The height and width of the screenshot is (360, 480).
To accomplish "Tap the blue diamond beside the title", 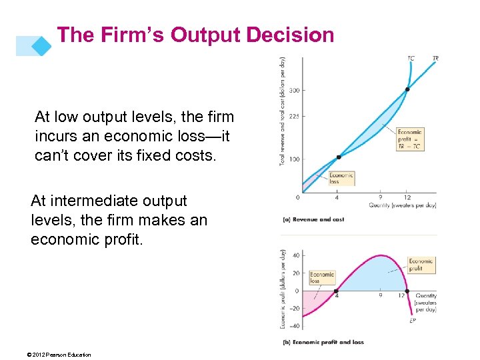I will (x=41, y=45).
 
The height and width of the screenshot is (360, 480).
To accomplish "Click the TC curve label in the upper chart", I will (x=411, y=59).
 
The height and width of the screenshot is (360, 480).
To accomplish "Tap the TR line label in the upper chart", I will (x=435, y=59).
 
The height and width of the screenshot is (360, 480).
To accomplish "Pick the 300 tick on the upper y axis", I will (x=293, y=89).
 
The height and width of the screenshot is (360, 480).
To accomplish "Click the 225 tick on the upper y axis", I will (x=293, y=116).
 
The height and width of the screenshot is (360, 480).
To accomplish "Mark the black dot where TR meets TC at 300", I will (x=407, y=89).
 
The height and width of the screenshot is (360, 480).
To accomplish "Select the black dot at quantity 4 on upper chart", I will (x=339, y=157).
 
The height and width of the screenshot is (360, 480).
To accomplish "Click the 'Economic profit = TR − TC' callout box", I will (x=409, y=139).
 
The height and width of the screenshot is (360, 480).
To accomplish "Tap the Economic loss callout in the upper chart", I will (x=341, y=178).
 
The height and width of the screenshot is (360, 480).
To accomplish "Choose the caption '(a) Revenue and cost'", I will (x=314, y=219).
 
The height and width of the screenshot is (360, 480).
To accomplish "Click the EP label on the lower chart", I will (x=413, y=320).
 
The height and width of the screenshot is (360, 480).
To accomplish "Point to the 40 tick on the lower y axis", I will (x=296, y=255).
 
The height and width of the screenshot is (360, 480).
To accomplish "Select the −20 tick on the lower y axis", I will (x=295, y=308).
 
